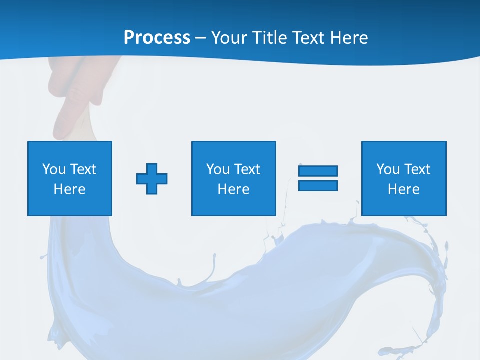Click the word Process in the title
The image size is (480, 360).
(157, 38)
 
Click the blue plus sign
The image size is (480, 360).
(152, 178)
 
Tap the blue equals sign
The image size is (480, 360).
(318, 178)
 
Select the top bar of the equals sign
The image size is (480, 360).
(318, 171)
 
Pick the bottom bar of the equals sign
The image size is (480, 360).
(318, 186)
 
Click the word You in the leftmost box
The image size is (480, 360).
(54, 169)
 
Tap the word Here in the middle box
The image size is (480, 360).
(233, 189)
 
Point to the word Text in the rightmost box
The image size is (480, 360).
(418, 169)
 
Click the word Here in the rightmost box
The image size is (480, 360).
(403, 189)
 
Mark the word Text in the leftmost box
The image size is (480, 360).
(84, 169)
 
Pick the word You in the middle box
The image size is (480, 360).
(218, 169)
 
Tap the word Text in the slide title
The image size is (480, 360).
(308, 38)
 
